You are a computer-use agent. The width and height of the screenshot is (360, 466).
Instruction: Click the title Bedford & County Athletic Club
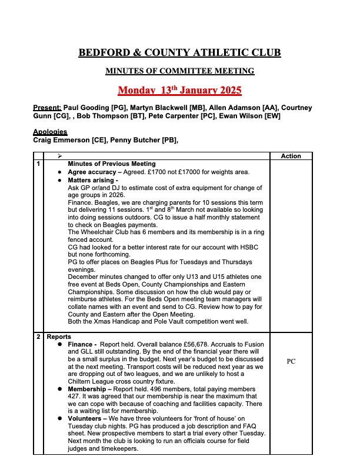pos(179,53)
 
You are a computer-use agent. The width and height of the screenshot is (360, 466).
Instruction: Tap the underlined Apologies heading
pos(50,132)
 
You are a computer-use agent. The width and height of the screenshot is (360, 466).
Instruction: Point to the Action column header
pos(291,156)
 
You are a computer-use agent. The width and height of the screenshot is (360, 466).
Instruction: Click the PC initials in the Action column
pos(291,362)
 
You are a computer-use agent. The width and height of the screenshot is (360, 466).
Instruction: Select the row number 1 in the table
pos(38,164)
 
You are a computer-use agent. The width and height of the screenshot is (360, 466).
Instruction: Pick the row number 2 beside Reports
pos(38,337)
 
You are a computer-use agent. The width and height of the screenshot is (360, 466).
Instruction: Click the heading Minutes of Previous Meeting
pos(112,164)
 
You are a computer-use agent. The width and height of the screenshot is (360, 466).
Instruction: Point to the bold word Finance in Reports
pos(81,344)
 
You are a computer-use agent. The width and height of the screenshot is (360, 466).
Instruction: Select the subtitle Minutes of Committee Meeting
pos(179,71)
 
